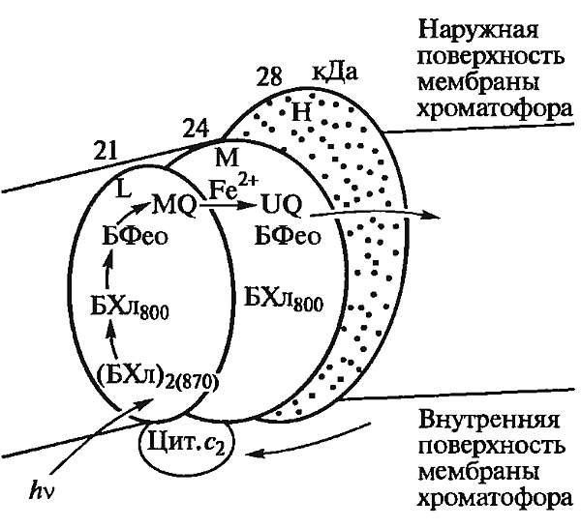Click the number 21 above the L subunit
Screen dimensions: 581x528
point(106,151)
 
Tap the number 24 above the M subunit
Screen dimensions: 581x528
point(196,128)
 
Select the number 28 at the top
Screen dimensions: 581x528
point(269,76)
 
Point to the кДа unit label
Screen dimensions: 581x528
point(334,72)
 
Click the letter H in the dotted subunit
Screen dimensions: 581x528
point(301,112)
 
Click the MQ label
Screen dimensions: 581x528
point(174,207)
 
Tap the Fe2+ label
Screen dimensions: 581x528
point(232,187)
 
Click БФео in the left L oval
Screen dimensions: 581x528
point(135,236)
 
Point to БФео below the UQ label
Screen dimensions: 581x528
point(288,237)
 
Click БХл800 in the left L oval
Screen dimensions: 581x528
point(130,308)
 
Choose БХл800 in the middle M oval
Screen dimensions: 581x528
point(284,300)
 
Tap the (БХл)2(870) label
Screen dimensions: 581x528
point(157,378)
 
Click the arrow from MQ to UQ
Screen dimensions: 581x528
point(229,204)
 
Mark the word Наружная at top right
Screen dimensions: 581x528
point(478,30)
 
